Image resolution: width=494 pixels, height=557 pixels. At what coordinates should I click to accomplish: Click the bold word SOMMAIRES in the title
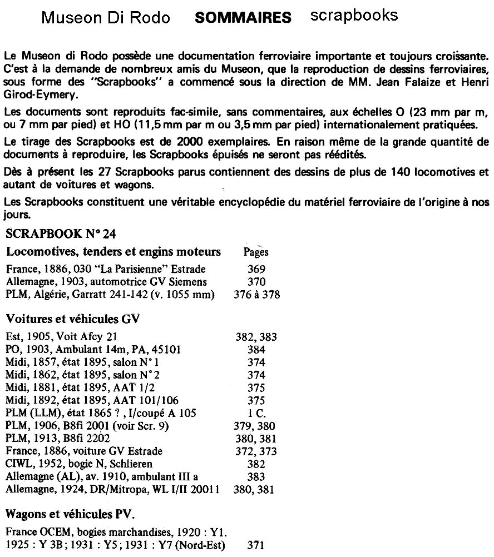click(x=243, y=18)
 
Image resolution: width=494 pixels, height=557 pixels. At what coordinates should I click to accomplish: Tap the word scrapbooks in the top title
click(x=354, y=15)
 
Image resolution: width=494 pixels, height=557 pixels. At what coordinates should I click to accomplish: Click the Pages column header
click(x=256, y=252)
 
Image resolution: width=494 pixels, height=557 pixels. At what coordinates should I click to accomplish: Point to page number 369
click(x=256, y=270)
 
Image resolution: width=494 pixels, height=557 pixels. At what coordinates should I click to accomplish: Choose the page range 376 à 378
click(x=256, y=295)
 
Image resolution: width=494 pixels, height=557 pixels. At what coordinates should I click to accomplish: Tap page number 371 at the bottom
click(x=256, y=546)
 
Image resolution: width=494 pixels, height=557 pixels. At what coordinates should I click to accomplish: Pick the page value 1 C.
click(x=256, y=413)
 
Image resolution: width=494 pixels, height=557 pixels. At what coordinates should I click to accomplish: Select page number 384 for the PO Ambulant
click(x=256, y=350)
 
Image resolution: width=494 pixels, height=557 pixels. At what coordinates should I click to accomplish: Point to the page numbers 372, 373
click(x=256, y=451)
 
